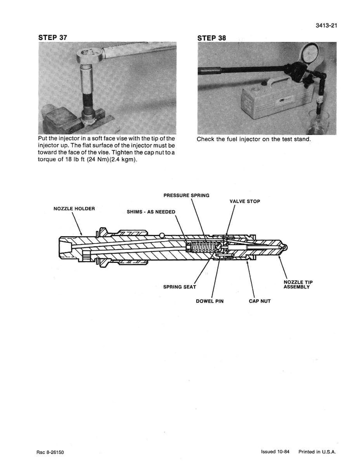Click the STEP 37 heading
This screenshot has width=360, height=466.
click(x=53, y=38)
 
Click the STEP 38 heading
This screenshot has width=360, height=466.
click(x=211, y=38)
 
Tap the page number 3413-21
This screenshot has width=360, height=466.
click(x=326, y=25)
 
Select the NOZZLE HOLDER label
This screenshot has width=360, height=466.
click(x=74, y=209)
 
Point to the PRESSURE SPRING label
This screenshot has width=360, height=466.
click(x=186, y=195)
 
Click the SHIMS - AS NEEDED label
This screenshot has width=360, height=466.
click(x=151, y=212)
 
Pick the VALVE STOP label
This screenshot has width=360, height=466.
click(x=245, y=201)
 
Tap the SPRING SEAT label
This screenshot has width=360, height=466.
click(x=180, y=287)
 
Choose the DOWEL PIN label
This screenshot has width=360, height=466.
click(x=210, y=301)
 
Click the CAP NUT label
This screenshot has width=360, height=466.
click(x=260, y=301)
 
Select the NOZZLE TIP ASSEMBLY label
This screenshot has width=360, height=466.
click(x=298, y=285)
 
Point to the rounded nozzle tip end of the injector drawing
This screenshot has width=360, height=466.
click(x=285, y=247)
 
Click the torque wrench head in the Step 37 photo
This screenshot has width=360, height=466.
click(x=88, y=55)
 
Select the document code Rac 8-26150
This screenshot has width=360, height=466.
click(x=50, y=452)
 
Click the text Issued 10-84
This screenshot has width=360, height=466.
click(x=275, y=452)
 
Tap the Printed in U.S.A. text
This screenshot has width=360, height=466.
click(x=317, y=452)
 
